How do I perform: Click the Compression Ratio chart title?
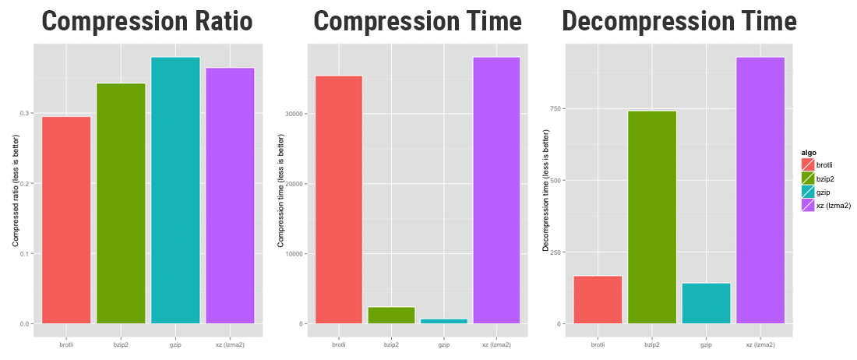click(x=147, y=21)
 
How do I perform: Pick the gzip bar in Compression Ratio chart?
click(x=175, y=190)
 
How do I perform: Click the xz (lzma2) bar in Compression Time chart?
click(x=496, y=190)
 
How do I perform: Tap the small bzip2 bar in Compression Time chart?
click(x=391, y=315)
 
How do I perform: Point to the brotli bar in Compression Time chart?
click(x=338, y=199)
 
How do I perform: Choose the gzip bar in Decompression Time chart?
click(x=706, y=303)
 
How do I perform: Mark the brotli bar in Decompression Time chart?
click(x=598, y=299)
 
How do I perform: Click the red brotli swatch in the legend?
click(x=807, y=164)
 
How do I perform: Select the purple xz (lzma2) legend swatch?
click(x=807, y=205)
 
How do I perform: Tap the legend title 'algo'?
click(x=809, y=152)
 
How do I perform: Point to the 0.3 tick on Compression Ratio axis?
click(x=26, y=114)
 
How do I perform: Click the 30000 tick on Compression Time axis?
click(x=294, y=114)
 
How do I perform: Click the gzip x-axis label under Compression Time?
click(x=444, y=344)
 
